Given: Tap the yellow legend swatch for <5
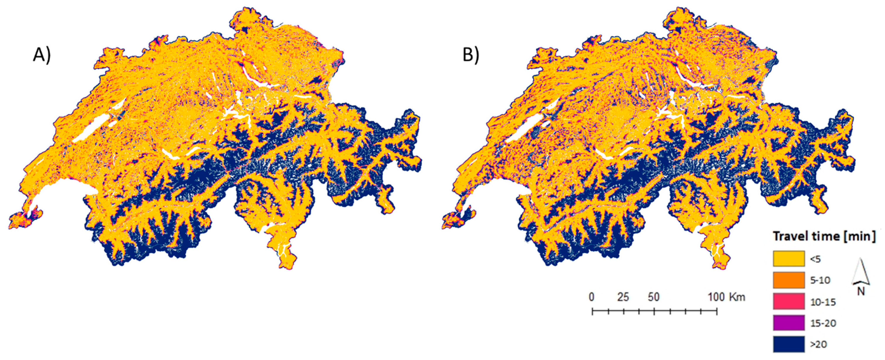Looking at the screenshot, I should (x=789, y=259).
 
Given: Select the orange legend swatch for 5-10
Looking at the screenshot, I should (x=789, y=280).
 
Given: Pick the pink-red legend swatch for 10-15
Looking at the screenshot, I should (x=789, y=301).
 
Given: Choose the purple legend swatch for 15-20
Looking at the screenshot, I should (x=789, y=323).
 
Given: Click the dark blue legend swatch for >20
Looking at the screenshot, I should (x=789, y=344).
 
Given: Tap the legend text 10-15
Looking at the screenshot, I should (x=823, y=302).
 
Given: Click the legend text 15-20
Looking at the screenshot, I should (x=823, y=323).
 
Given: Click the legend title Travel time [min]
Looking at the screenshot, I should (x=824, y=237).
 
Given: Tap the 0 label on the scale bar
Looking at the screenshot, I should (x=591, y=297).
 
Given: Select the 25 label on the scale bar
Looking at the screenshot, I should (x=623, y=297).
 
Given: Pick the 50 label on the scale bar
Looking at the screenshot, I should (x=654, y=297).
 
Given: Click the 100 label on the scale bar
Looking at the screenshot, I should (x=716, y=297).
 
